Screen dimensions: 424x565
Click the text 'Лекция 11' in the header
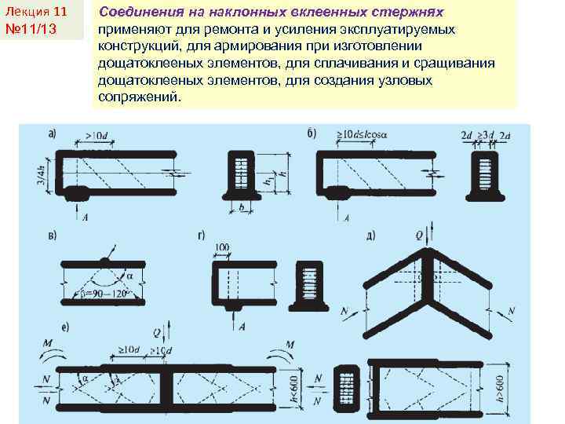[x=36, y=13]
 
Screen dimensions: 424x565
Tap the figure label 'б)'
[x=312, y=133]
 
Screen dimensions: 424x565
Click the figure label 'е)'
[x=52, y=326]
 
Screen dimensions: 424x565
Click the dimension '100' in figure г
[x=222, y=248]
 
